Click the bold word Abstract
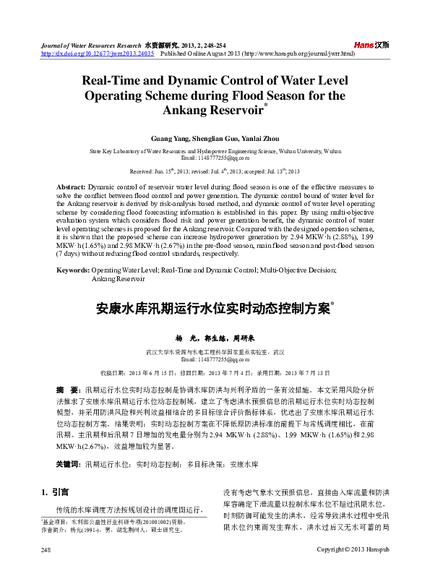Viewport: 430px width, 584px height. pyautogui.click(x=71, y=186)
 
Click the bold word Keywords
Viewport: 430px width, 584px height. pyautogui.click(x=73, y=270)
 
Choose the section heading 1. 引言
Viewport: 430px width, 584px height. pyautogui.click(x=56, y=492)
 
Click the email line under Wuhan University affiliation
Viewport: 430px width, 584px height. pyautogui.click(x=215, y=157)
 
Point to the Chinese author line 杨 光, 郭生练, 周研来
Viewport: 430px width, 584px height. pyautogui.click(x=215, y=338)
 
